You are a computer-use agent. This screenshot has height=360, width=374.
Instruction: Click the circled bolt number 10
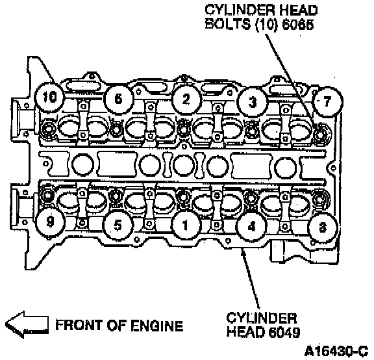click(x=49, y=97)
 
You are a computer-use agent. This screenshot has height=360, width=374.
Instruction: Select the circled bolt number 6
click(x=119, y=99)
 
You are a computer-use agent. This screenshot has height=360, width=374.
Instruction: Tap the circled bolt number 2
click(x=186, y=99)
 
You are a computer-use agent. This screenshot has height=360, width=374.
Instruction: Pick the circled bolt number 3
click(x=253, y=102)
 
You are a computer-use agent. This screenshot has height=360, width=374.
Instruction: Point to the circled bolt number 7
click(x=327, y=101)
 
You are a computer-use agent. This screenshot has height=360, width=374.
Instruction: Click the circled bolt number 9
click(x=50, y=222)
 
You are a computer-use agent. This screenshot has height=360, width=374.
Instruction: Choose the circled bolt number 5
click(x=118, y=225)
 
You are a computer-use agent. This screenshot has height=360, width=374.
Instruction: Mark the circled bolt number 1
click(x=185, y=225)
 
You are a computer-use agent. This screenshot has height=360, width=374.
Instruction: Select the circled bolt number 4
click(x=252, y=226)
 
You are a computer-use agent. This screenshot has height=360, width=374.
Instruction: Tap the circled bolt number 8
click(x=323, y=227)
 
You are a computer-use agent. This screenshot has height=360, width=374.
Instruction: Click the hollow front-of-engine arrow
click(x=27, y=325)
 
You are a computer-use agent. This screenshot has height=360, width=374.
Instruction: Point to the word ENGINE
click(x=156, y=326)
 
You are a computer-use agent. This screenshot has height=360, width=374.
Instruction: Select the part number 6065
click(x=298, y=24)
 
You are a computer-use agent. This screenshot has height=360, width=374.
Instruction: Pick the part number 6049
click(x=284, y=331)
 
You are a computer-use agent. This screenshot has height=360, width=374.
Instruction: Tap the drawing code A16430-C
click(x=336, y=351)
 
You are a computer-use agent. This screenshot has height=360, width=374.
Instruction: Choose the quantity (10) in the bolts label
click(x=267, y=24)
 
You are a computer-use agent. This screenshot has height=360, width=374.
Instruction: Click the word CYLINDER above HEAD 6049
click(x=262, y=318)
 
